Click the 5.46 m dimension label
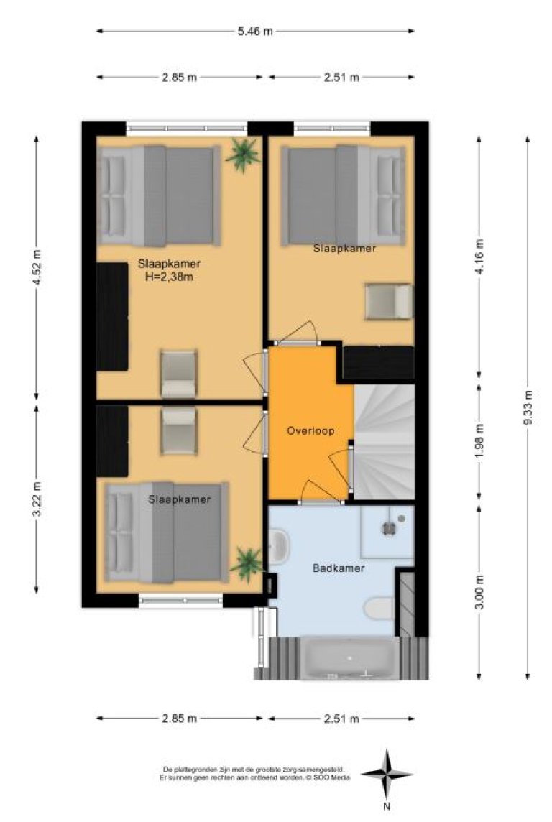pyautogui.click(x=254, y=31)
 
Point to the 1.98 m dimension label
pyautogui.click(x=479, y=441)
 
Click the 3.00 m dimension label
pyautogui.click(x=479, y=592)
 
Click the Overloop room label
pyautogui.click(x=310, y=431)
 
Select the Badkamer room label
pyautogui.click(x=338, y=568)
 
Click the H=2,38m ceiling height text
pyautogui.click(x=169, y=277)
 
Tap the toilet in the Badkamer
pyautogui.click(x=379, y=609)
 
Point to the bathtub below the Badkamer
pyautogui.click(x=349, y=658)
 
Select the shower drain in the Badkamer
pyautogui.click(x=388, y=529)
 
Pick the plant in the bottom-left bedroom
pyautogui.click(x=247, y=563)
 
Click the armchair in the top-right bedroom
pyautogui.click(x=389, y=301)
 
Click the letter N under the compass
pyautogui.click(x=387, y=806)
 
